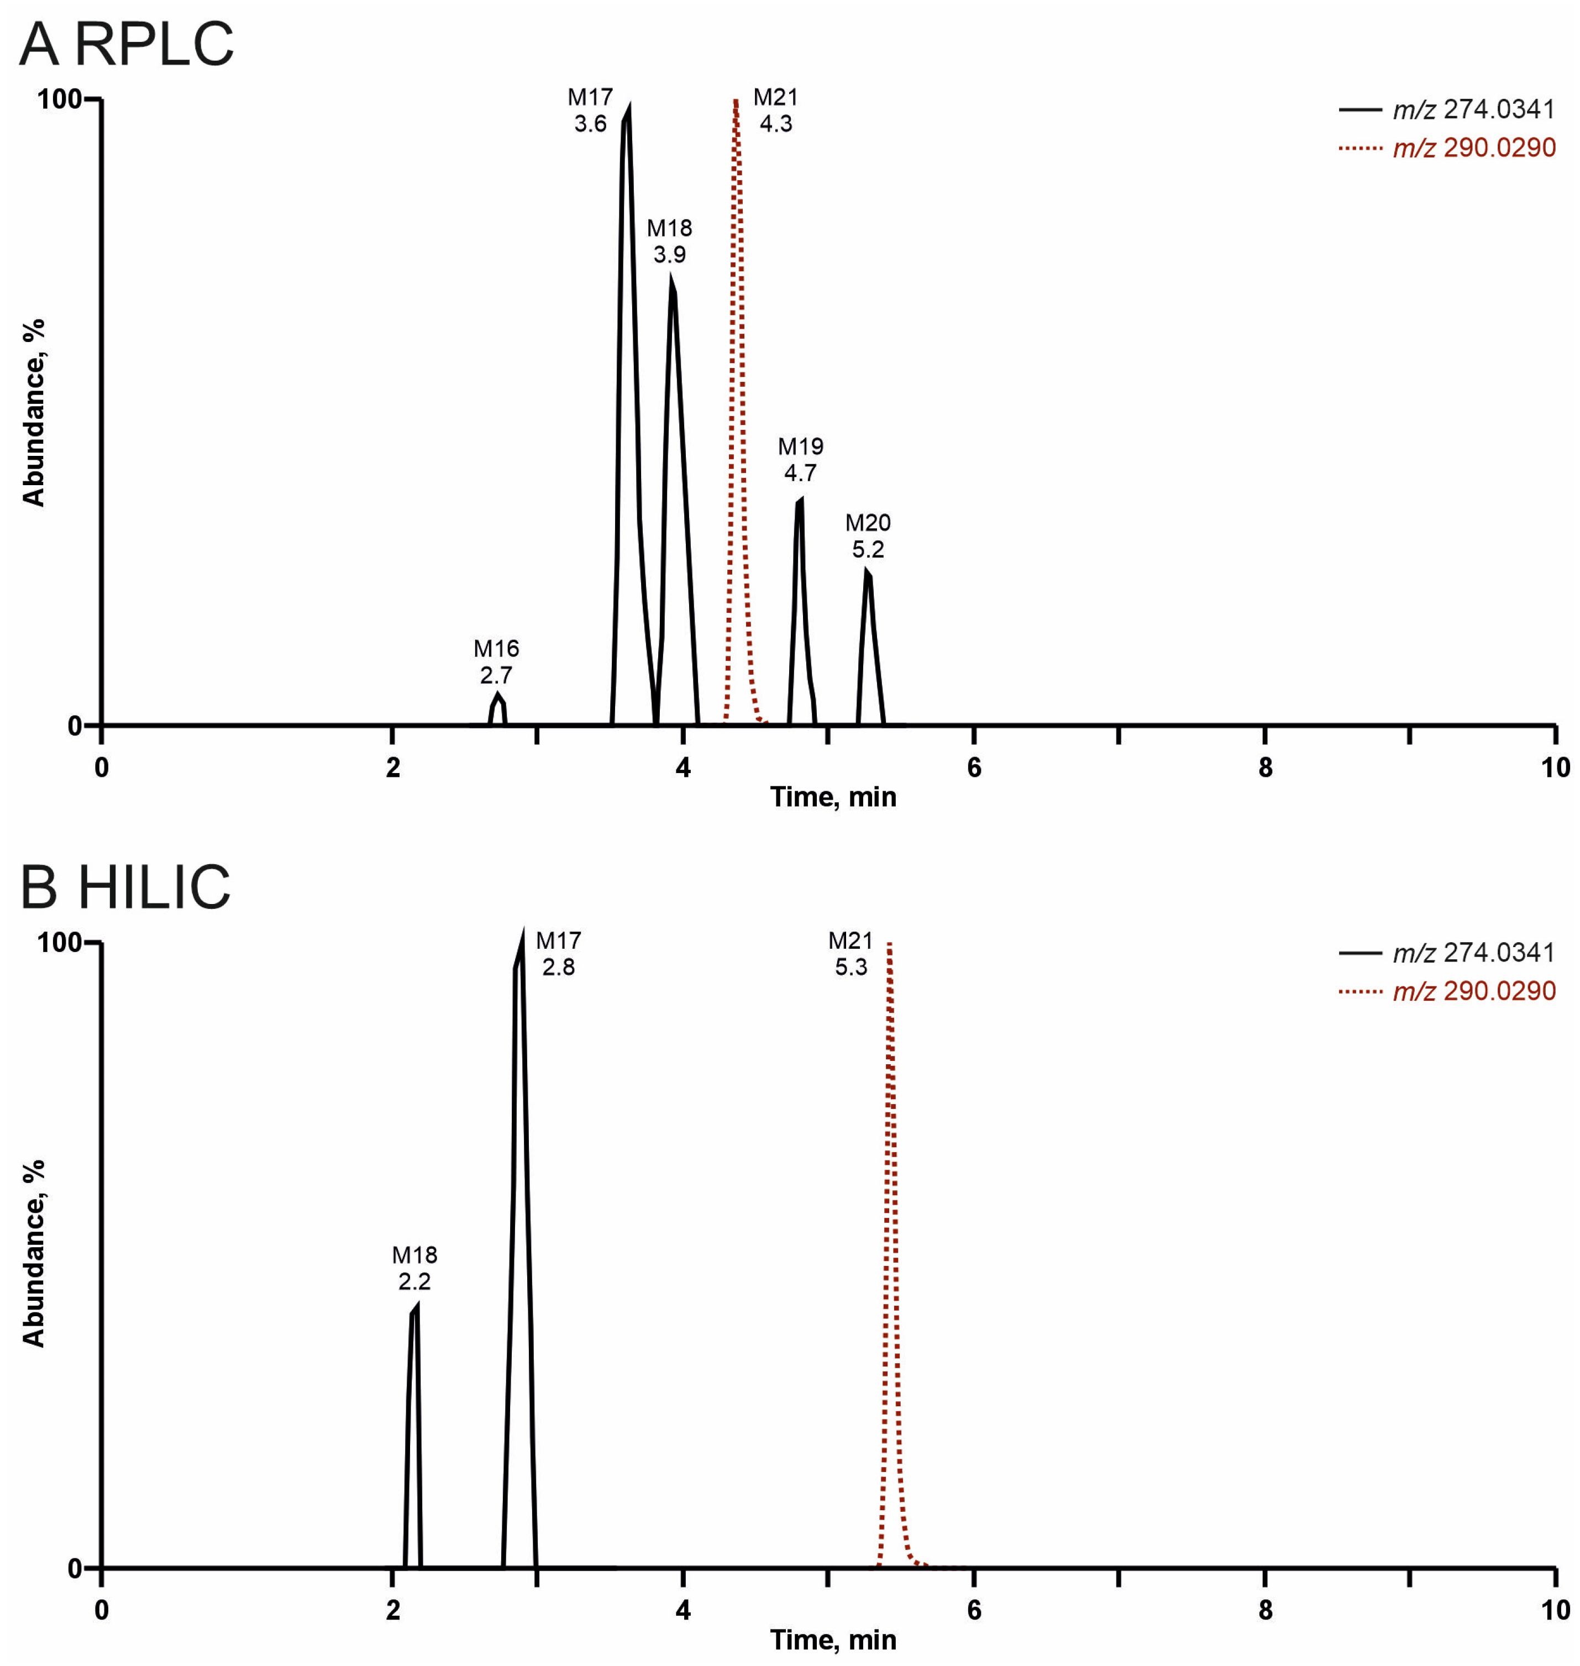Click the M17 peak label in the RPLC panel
point(590,111)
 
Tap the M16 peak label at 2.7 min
point(496,661)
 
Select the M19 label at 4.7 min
point(800,459)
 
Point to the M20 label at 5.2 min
point(868,535)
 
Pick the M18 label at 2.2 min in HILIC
point(414,1268)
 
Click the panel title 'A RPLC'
point(127,44)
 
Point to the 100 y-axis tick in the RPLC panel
point(59,100)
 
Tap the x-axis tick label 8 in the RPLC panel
point(1265,768)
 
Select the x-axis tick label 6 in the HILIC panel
point(974,1610)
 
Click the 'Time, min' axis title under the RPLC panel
point(833,797)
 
